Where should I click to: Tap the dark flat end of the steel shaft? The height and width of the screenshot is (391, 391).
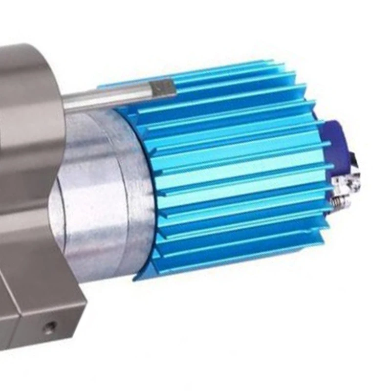tap(163, 88)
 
